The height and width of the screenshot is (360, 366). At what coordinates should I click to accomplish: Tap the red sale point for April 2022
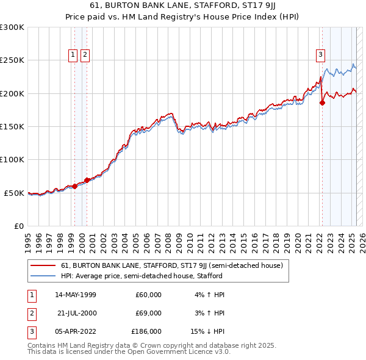pos(322,103)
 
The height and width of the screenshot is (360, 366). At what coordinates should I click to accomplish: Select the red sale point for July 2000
pos(87,180)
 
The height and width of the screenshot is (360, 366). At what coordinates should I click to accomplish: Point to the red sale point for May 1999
pos(74,186)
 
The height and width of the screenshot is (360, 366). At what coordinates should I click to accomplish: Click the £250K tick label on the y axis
pos(12,60)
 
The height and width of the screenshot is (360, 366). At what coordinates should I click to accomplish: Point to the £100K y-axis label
pos(12,159)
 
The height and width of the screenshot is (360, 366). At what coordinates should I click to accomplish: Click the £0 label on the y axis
pos(18,226)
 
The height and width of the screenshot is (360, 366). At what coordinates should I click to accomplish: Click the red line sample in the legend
pos(43,266)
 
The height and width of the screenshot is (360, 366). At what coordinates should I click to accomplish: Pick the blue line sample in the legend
pos(43,276)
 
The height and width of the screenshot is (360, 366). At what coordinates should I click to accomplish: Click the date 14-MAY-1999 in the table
pos(76,295)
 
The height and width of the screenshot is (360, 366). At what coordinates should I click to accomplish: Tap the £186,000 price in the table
pos(146,331)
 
